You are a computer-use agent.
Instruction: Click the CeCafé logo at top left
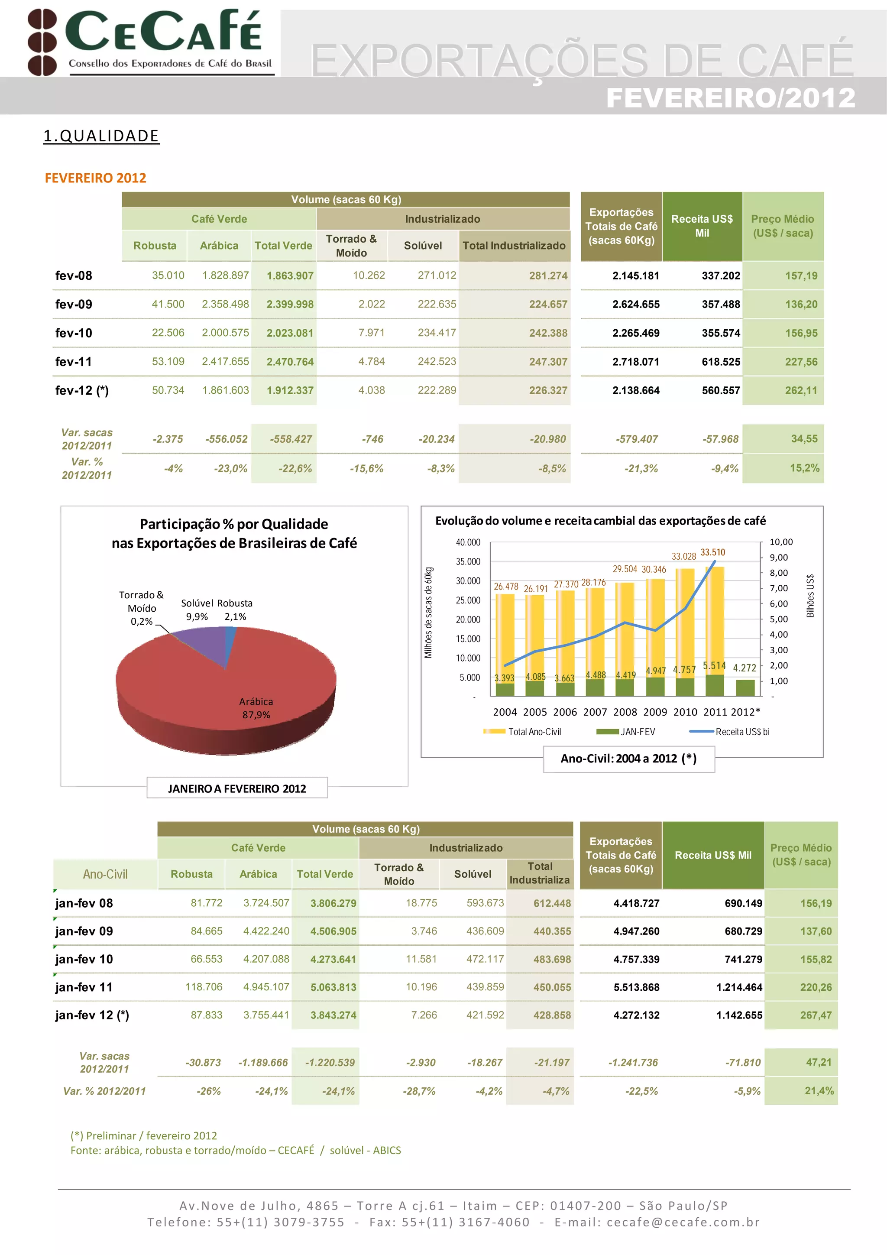(150, 42)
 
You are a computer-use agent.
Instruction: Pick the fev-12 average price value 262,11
(801, 390)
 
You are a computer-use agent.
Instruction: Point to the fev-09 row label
(74, 304)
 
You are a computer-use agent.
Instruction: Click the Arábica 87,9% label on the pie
(256, 708)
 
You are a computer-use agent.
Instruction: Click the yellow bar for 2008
(625, 629)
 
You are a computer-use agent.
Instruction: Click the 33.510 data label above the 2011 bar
(712, 552)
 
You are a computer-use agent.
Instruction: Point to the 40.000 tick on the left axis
(468, 542)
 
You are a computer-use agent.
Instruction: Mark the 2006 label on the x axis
(565, 712)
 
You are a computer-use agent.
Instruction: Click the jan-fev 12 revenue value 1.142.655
(739, 1015)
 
